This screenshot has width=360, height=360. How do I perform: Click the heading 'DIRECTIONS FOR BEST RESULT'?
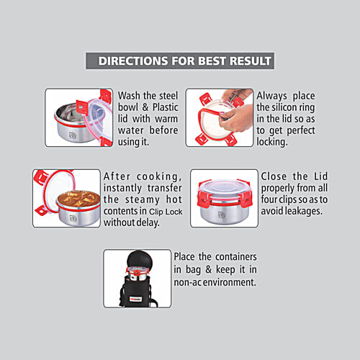click(179, 60)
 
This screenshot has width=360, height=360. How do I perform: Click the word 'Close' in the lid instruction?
click(277, 176)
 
